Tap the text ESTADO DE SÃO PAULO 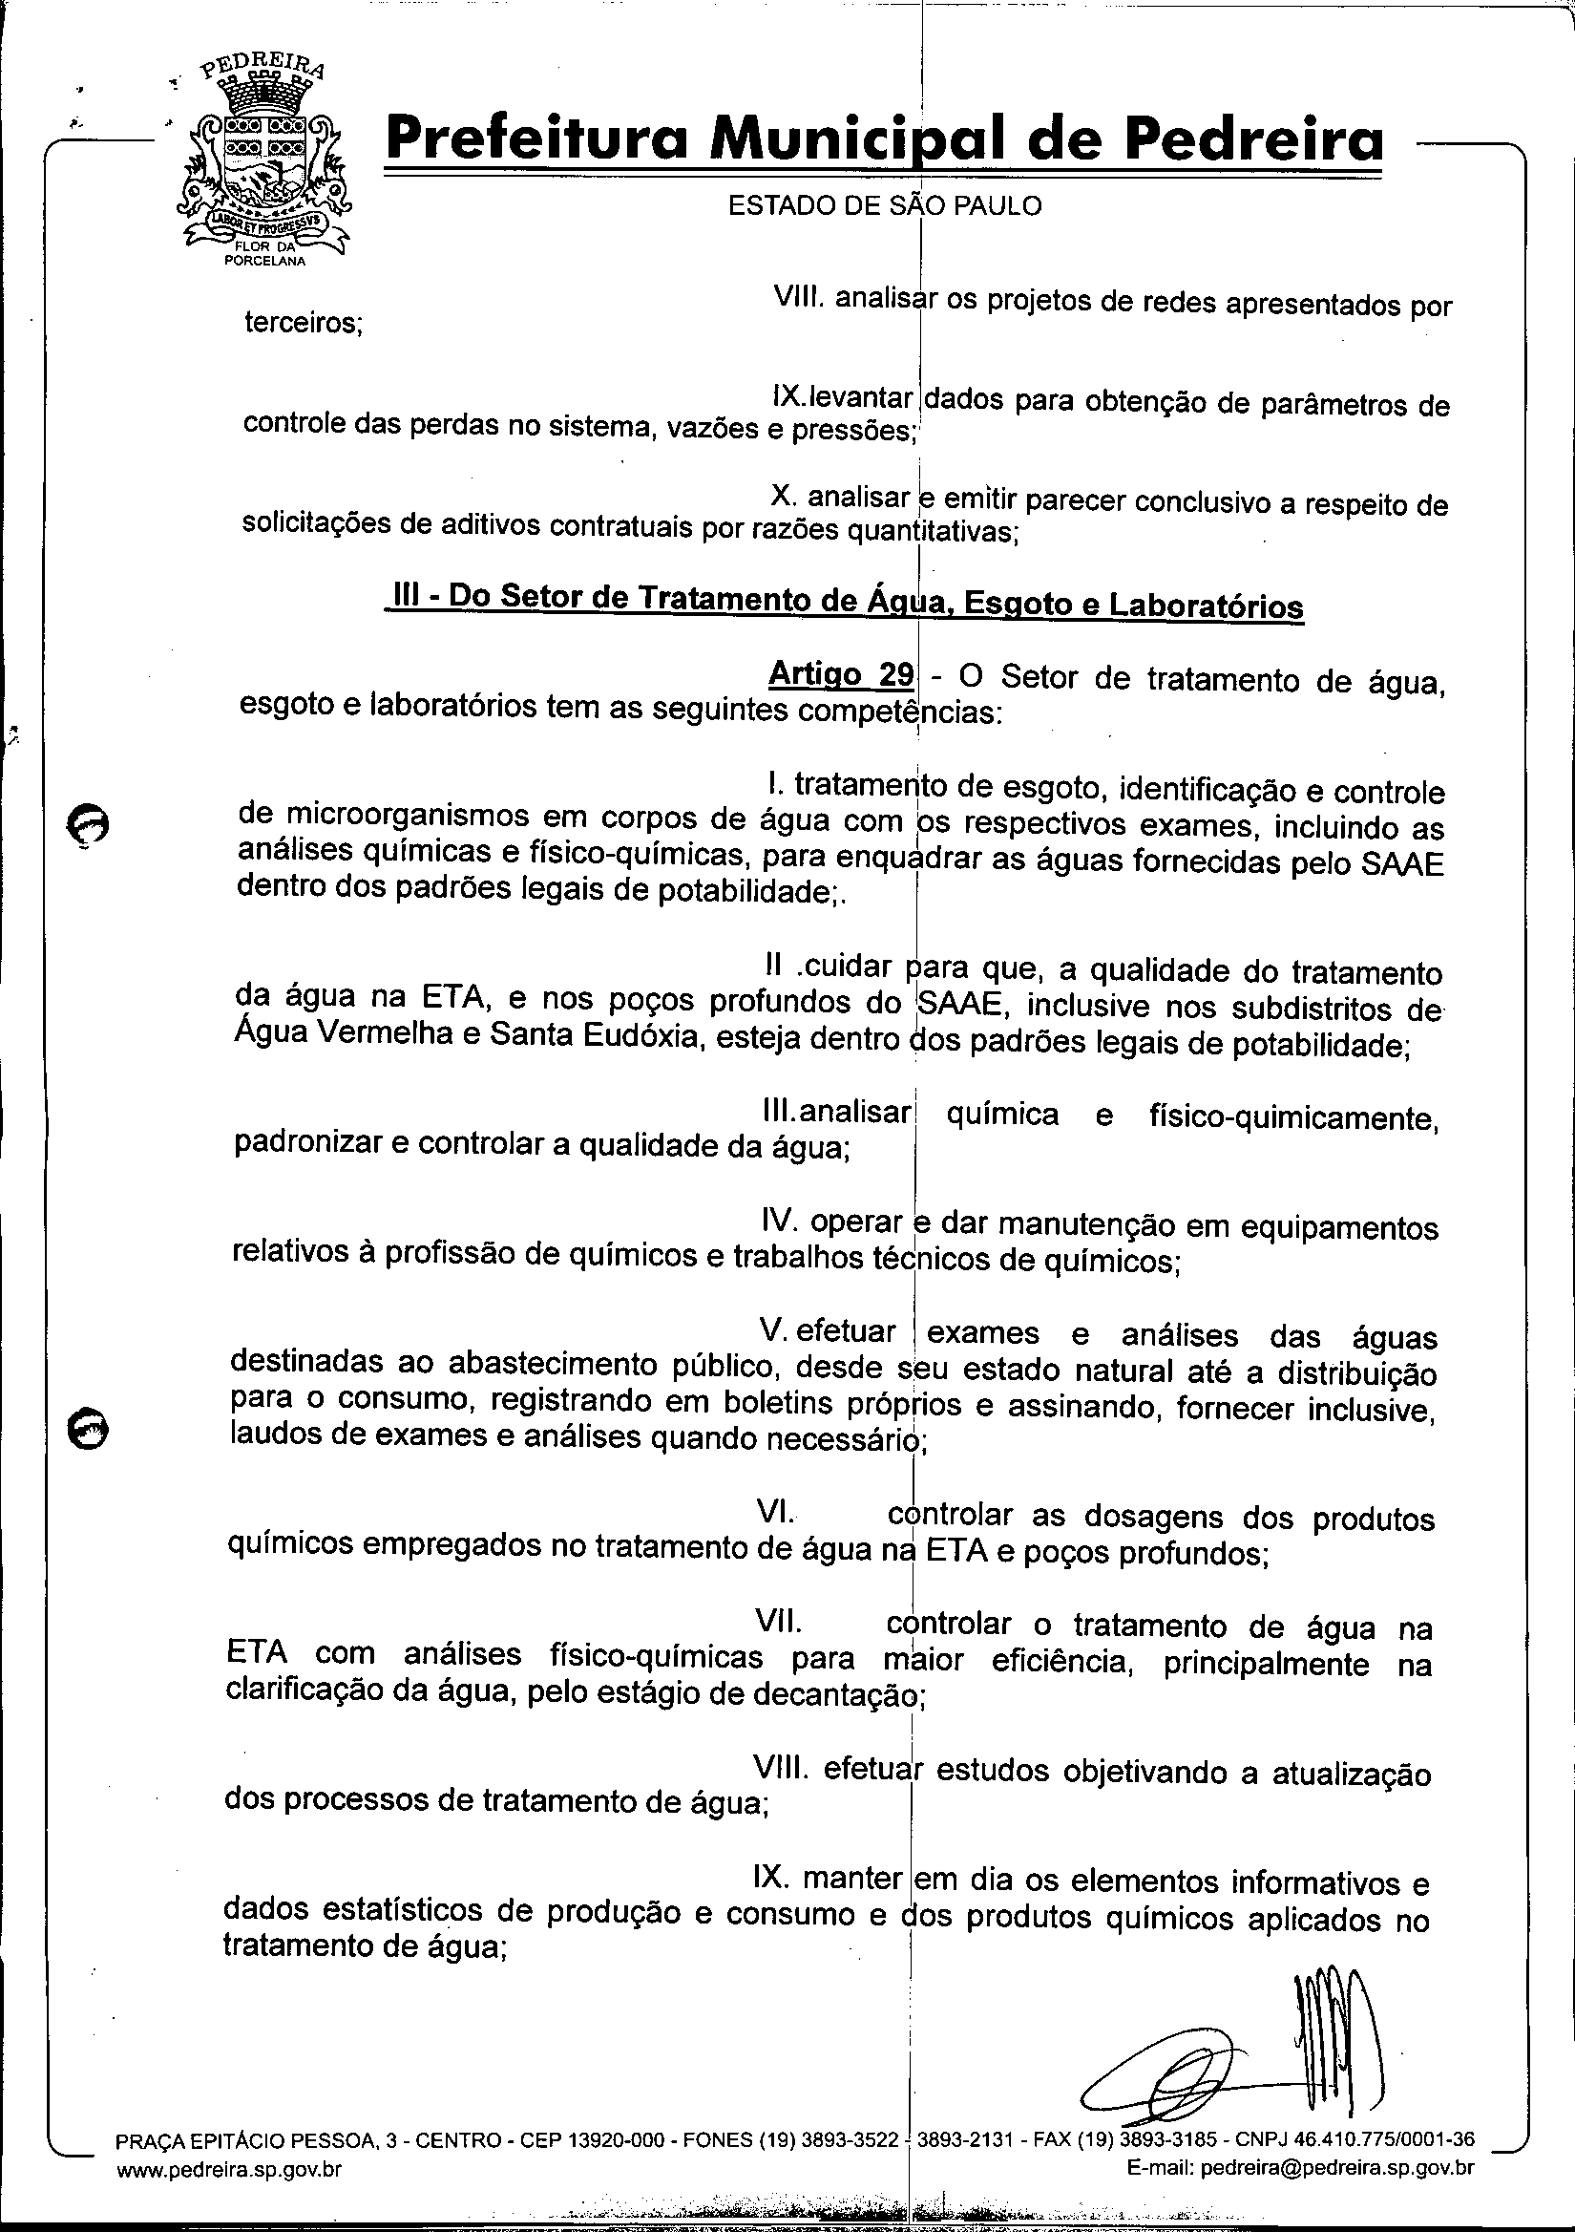coord(884,206)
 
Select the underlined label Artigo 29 coord(840,673)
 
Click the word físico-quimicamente coord(1292,1119)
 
